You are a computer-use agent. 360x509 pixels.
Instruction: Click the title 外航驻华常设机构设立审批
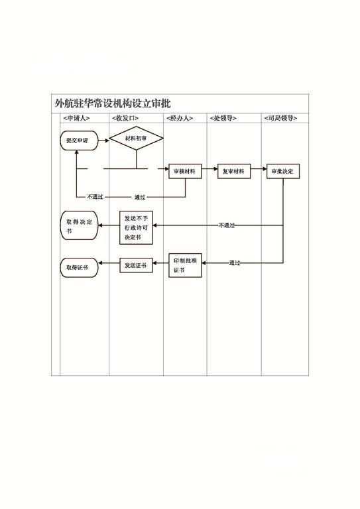(x=113, y=103)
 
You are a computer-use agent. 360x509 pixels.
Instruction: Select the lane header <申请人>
(x=76, y=118)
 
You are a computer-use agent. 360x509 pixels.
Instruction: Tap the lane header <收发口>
(x=125, y=118)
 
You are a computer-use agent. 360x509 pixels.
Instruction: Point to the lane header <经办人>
(x=180, y=118)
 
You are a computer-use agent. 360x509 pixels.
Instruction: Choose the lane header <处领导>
(x=223, y=118)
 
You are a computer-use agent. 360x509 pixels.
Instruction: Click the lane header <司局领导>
(x=280, y=118)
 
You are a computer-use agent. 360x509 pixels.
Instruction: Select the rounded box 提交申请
(x=79, y=141)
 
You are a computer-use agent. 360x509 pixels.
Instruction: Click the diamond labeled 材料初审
(x=137, y=139)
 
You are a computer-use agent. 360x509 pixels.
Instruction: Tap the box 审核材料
(x=185, y=171)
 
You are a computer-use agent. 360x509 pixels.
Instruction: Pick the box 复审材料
(x=234, y=171)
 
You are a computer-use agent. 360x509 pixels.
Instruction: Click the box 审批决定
(x=282, y=171)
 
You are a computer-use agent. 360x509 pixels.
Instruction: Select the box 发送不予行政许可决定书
(x=136, y=227)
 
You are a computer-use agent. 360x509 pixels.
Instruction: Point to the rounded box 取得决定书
(x=79, y=225)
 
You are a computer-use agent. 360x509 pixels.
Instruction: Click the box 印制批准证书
(x=185, y=265)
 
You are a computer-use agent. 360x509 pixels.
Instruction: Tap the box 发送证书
(x=136, y=265)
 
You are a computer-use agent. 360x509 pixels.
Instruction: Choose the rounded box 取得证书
(x=79, y=268)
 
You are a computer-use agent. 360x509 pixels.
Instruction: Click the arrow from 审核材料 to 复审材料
(x=210, y=169)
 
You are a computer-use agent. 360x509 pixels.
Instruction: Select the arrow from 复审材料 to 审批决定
(x=259, y=169)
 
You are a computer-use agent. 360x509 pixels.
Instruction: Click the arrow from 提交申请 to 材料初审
(x=104, y=141)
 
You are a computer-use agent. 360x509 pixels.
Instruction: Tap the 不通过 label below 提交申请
(x=95, y=197)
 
